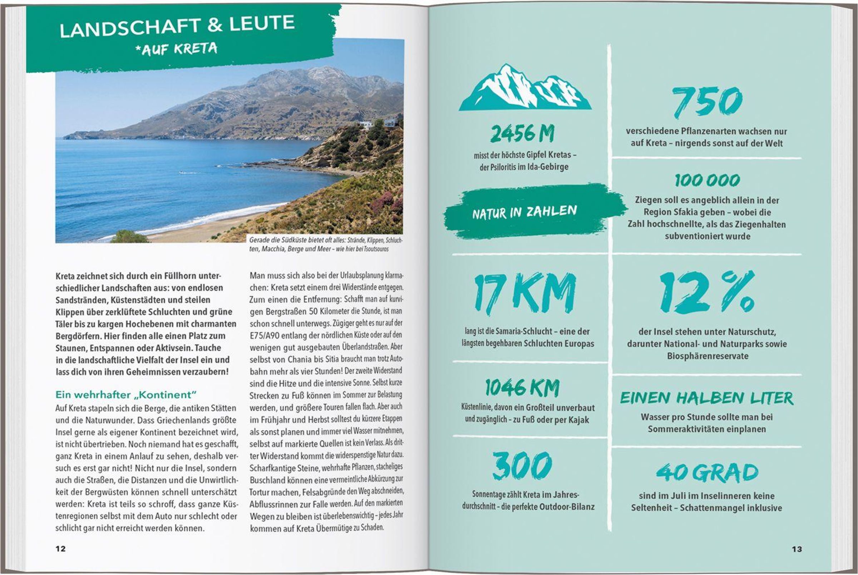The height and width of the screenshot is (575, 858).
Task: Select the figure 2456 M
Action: click(522, 134)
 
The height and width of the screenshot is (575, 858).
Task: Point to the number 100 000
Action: click(707, 180)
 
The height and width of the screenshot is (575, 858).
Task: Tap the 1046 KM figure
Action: click(522, 387)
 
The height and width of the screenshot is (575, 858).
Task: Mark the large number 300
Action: click(522, 466)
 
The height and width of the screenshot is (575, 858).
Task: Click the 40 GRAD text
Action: click(707, 473)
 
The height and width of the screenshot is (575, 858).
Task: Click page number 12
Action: click(60, 549)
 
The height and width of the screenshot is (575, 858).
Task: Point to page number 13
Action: click(797, 549)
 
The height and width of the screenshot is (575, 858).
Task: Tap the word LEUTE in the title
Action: click(262, 24)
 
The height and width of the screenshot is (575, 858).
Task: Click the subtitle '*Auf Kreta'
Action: click(176, 49)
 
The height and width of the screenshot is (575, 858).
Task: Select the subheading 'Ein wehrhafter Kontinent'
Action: click(126, 395)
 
